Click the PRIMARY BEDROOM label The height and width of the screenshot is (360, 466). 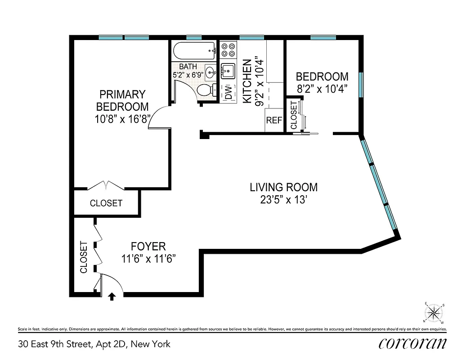(x=122, y=100)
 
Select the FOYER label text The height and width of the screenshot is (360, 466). (x=148, y=246)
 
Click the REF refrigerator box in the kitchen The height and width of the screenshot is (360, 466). (x=273, y=121)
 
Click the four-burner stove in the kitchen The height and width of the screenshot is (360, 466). (x=228, y=49)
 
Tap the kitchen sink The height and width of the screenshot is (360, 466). (x=228, y=71)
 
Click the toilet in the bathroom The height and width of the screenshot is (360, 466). (x=206, y=90)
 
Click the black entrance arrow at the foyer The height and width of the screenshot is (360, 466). (x=112, y=296)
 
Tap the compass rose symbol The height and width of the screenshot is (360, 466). (x=434, y=313)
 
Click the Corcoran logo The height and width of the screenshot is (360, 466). (x=412, y=344)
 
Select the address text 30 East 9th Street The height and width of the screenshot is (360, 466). (x=94, y=345)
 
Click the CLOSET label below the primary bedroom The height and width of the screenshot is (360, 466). (x=106, y=203)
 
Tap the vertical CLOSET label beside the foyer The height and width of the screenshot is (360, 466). (x=83, y=257)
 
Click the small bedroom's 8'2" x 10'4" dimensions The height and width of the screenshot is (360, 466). (x=322, y=89)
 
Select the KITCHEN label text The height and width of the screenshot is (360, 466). (x=247, y=81)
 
